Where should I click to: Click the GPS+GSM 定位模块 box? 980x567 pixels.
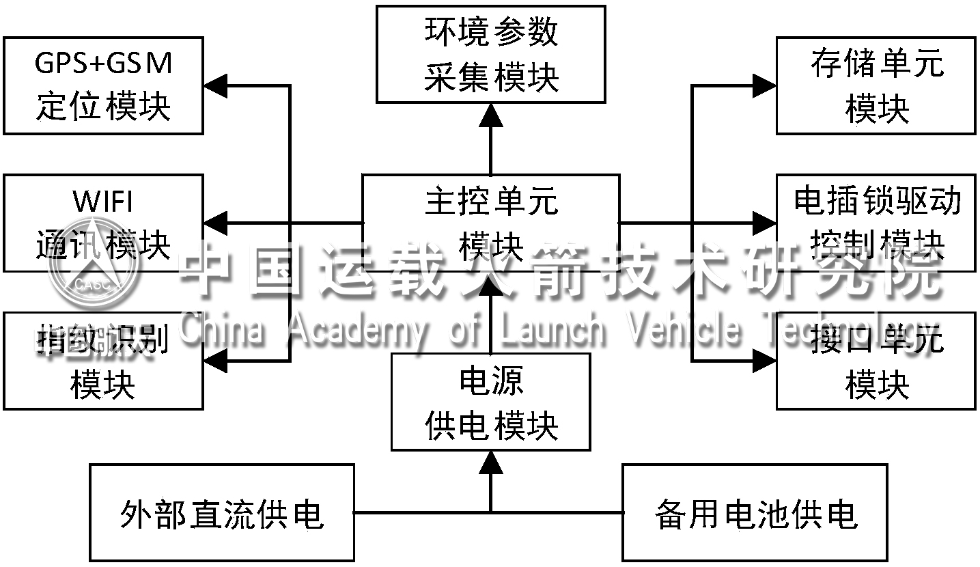click(x=103, y=85)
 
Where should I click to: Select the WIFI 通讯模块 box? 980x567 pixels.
click(x=103, y=223)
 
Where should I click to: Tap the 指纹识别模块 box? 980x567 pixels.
click(x=103, y=361)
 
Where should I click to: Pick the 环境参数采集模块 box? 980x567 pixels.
click(x=490, y=54)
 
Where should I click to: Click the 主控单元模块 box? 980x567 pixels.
click(x=490, y=223)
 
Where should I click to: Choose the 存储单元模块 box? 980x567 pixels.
click(x=876, y=85)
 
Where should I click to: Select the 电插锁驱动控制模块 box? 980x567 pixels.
click(x=876, y=223)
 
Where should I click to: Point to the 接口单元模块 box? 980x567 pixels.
click(x=876, y=361)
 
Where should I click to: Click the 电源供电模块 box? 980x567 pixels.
click(x=490, y=402)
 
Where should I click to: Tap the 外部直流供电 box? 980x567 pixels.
click(x=222, y=512)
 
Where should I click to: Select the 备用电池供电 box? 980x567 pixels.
click(x=755, y=512)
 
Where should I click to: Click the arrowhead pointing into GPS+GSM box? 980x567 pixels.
click(x=214, y=85)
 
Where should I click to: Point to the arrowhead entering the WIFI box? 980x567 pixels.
click(x=214, y=223)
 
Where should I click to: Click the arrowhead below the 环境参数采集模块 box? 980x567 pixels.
click(x=490, y=115)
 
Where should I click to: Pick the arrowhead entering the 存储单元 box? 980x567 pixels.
click(x=765, y=85)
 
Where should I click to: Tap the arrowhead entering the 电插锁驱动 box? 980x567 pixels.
click(x=765, y=223)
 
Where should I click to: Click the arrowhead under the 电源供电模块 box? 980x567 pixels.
click(x=490, y=462)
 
